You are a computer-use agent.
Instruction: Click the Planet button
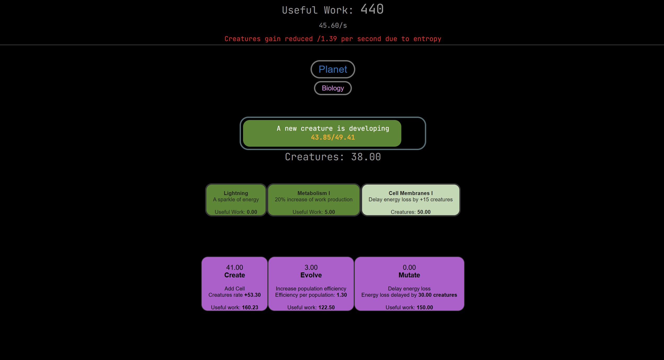[333, 69]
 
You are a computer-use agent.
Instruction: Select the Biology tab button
[333, 88]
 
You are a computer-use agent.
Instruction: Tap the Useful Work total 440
[372, 9]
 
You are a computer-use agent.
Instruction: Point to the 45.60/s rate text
[333, 25]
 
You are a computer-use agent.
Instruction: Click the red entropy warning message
[333, 39]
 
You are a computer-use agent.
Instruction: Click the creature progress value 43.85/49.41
[333, 137]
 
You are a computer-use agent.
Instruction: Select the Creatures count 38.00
[366, 157]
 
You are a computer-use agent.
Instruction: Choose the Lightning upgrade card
[236, 200]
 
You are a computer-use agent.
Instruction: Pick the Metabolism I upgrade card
[314, 200]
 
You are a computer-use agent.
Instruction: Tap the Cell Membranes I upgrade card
[410, 200]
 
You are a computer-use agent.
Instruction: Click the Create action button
[234, 284]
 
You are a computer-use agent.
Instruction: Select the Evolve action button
[311, 284]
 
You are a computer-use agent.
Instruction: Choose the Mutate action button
[409, 284]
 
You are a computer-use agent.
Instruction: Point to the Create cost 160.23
[250, 307]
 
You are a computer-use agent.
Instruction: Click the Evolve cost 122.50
[327, 307]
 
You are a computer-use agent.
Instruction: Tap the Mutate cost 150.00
[425, 307]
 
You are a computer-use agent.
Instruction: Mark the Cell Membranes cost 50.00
[424, 212]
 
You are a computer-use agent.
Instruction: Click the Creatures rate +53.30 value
[252, 295]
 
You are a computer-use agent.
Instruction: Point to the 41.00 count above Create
[234, 267]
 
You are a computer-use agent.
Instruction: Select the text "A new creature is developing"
[333, 129]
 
